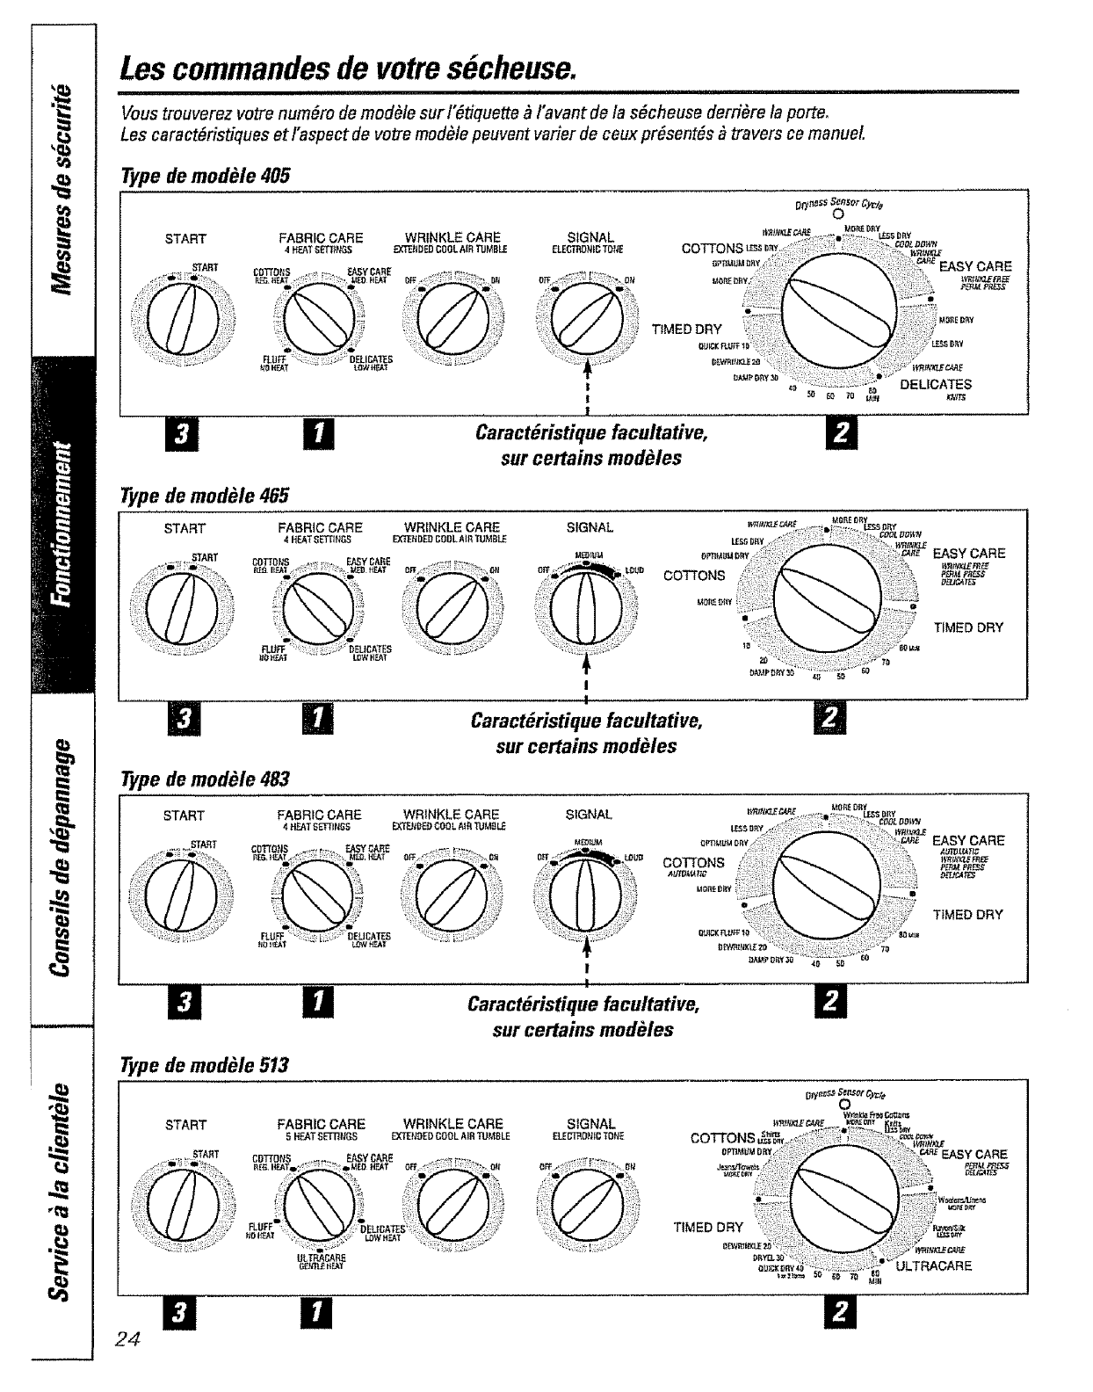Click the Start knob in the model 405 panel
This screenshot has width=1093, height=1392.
pyautogui.click(x=185, y=317)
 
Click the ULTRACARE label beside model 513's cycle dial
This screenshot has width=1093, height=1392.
pyautogui.click(x=933, y=1266)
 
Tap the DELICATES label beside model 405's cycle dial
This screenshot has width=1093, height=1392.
pyautogui.click(x=935, y=384)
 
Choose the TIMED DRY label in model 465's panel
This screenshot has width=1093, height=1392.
pyautogui.click(x=967, y=627)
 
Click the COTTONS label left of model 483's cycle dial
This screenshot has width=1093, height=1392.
pyautogui.click(x=693, y=863)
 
